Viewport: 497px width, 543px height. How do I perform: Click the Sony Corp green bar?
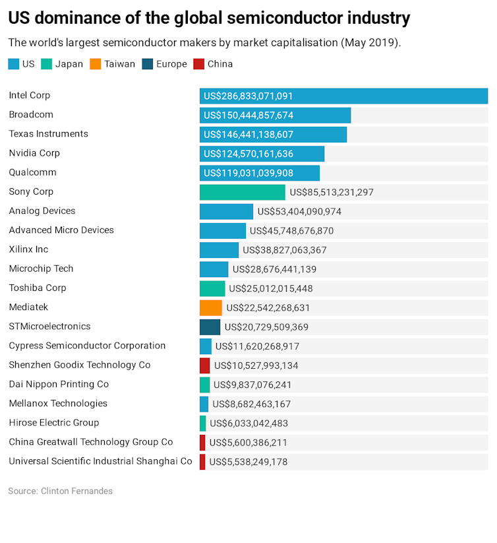coord(242,192)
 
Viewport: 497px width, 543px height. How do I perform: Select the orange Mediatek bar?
coord(211,307)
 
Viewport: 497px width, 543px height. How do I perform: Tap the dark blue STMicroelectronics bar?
coord(210,327)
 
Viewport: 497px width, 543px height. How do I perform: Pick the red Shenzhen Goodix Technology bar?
coord(204,366)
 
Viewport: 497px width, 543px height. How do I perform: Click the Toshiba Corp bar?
coord(212,288)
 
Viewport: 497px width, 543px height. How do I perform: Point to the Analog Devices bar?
coord(226,211)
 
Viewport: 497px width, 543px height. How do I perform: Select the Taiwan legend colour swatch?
coord(96,64)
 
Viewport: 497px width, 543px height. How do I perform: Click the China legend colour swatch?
coord(198,64)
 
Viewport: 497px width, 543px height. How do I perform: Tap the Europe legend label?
coord(171,64)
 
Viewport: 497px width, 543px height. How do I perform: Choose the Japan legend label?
coord(69,64)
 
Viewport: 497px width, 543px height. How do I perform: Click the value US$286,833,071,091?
coord(248,96)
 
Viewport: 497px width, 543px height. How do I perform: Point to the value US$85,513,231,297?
coord(332,193)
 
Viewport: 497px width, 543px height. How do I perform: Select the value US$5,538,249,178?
coord(248,462)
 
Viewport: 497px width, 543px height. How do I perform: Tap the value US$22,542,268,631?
coord(268,307)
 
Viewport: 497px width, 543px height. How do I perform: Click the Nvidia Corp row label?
coord(34,153)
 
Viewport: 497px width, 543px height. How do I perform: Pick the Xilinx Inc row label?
coord(28,249)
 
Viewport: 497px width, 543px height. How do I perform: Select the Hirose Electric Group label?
coord(53,423)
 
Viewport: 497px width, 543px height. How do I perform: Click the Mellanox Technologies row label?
coord(58,404)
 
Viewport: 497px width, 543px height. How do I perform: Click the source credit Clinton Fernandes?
coord(76,491)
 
